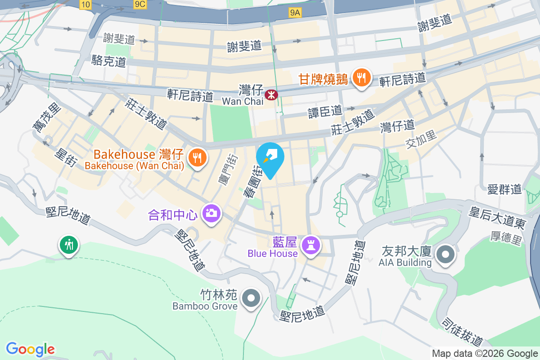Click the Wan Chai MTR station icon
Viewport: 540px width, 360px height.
pos(271,95)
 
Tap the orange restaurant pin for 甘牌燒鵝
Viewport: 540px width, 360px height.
pos(361,78)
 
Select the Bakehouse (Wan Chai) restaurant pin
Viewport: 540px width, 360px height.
pos(197,158)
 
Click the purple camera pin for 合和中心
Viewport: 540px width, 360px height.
pos(211,212)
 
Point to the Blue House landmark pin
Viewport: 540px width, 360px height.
pos(310,245)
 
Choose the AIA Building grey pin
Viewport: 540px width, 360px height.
pos(445,254)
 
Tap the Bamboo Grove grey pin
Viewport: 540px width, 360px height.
pos(251,298)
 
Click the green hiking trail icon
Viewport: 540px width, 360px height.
pos(68,245)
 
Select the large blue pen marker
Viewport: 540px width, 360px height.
pos(270,158)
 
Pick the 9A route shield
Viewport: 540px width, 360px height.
pos(295,13)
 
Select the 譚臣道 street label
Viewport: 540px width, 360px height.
pos(325,111)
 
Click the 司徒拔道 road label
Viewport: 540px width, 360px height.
pos(462,332)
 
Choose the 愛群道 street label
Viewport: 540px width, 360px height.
pos(504,189)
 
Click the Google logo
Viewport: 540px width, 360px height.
pos(30,349)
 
